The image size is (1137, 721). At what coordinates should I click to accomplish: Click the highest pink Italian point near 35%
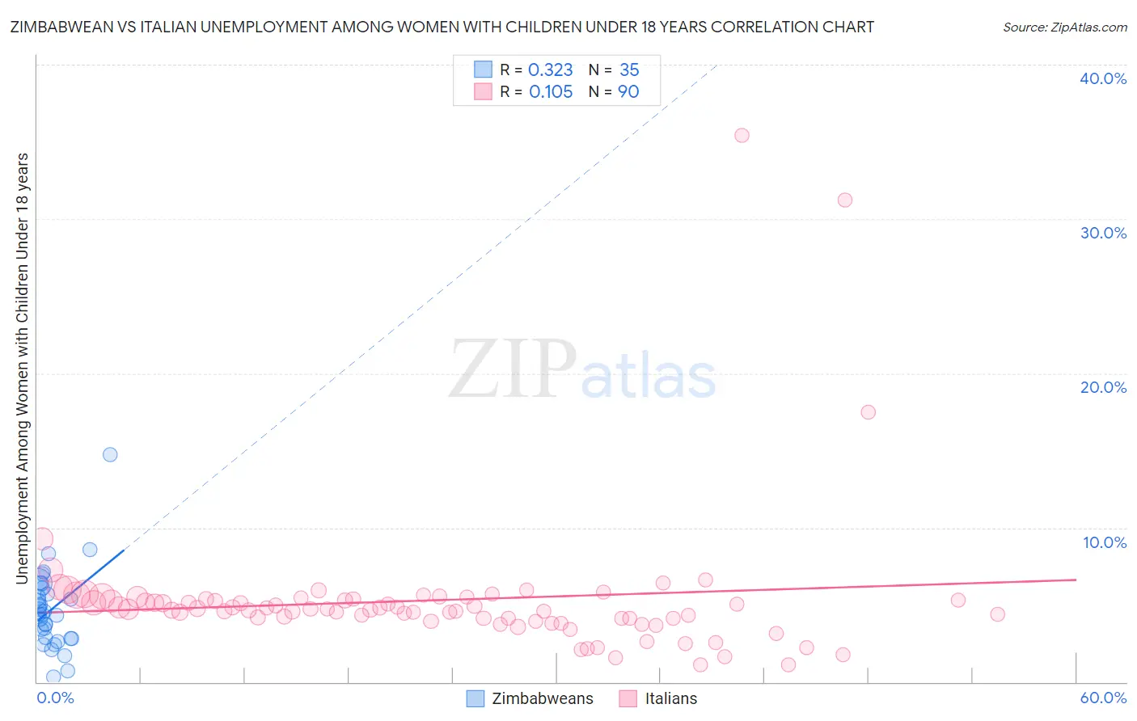(742, 135)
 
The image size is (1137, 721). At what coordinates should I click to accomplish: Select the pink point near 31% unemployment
(845, 200)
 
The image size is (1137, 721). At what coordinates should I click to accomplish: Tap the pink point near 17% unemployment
(868, 411)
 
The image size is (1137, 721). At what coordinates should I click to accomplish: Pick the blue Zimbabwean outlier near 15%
(110, 454)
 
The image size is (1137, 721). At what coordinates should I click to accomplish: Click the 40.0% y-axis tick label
(1103, 78)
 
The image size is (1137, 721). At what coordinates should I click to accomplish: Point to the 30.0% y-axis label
(1103, 233)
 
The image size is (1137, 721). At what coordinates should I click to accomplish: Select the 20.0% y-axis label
(1103, 387)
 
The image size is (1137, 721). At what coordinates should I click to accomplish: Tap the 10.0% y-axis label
(1105, 542)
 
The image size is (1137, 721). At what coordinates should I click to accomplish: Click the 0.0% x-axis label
(55, 698)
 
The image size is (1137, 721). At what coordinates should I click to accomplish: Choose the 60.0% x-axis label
(1103, 698)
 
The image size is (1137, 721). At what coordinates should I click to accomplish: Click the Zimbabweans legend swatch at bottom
(476, 698)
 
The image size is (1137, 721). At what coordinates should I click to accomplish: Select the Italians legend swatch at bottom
(628, 698)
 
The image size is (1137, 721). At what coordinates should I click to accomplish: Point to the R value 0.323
(550, 70)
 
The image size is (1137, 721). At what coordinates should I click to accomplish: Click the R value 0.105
(551, 92)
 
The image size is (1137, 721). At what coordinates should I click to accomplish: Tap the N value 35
(629, 70)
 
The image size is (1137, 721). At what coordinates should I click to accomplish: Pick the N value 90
(628, 92)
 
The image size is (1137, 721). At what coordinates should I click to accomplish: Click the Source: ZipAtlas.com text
(1064, 27)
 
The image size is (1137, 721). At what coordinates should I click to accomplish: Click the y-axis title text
(22, 368)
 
